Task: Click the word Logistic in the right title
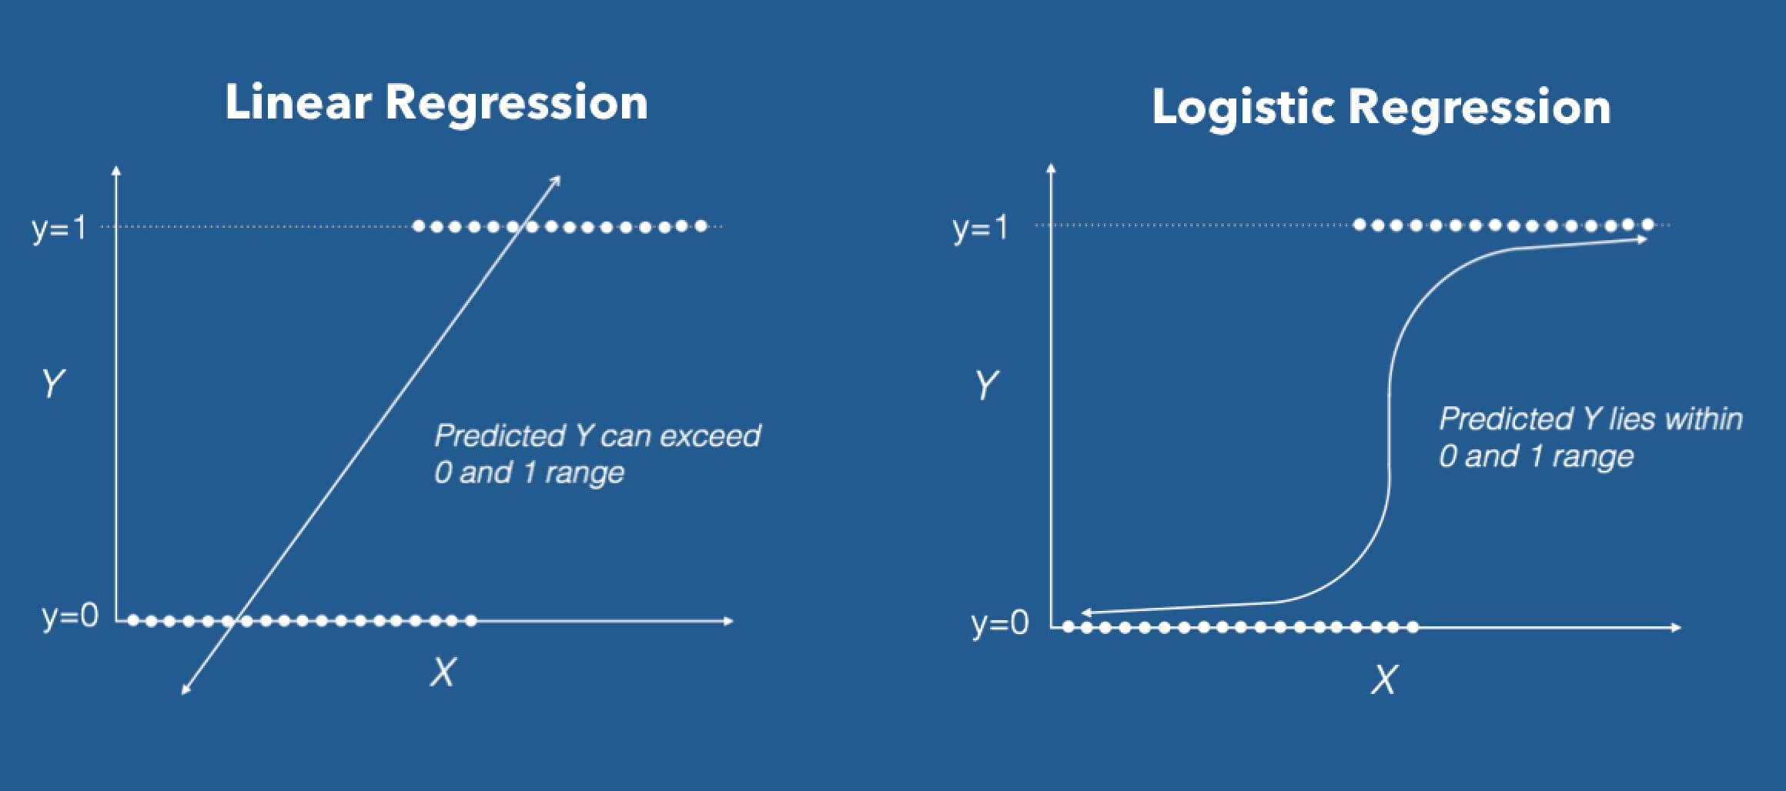point(1243,107)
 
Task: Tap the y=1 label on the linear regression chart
point(59,228)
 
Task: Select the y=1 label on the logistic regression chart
point(980,228)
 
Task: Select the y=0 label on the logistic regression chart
point(999,622)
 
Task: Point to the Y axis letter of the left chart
point(52,383)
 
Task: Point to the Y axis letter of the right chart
point(986,385)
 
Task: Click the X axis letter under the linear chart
point(443,673)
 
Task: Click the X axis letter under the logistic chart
point(1383,679)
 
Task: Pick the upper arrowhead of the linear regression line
point(557,180)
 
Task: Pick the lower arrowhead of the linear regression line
point(185,690)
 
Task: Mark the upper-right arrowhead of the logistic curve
point(1643,239)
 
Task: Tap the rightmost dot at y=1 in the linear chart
point(701,226)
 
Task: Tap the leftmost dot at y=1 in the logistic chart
point(1360,225)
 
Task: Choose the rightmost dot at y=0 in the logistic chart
point(1413,627)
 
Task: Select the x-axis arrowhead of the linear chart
point(729,620)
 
